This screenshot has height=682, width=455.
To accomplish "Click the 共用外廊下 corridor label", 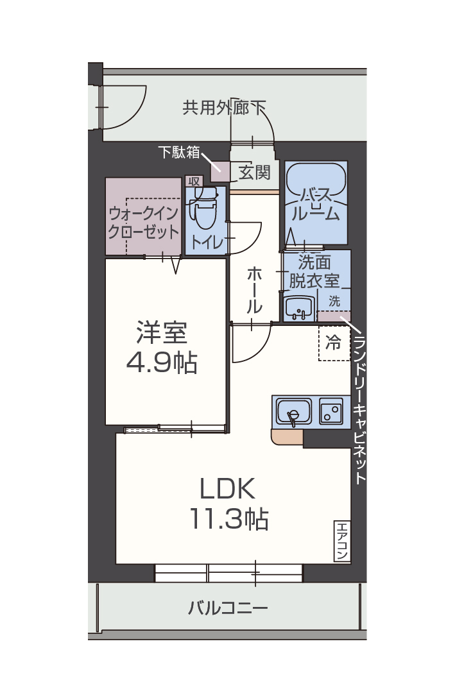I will click(x=224, y=107).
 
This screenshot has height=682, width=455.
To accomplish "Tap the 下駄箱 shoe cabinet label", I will click(x=178, y=152).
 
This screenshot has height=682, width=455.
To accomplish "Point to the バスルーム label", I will click(x=315, y=205).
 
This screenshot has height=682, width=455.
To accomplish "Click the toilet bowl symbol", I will click(x=205, y=209).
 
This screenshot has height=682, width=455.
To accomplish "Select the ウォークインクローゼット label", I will click(x=144, y=221).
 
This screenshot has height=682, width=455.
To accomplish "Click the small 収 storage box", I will click(x=193, y=182).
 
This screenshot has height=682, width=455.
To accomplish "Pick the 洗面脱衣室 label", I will click(x=314, y=271).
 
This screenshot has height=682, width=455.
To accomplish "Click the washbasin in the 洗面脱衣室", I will click(x=298, y=309).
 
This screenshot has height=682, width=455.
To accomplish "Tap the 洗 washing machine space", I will click(x=334, y=300).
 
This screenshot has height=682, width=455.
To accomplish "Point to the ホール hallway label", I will click(x=254, y=290).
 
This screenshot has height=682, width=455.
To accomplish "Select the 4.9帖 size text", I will click(x=161, y=363).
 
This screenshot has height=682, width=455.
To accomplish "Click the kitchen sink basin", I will click(x=294, y=412).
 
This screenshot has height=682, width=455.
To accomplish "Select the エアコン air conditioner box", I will click(x=341, y=540).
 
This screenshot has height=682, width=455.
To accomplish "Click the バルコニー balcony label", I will click(x=228, y=607).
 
